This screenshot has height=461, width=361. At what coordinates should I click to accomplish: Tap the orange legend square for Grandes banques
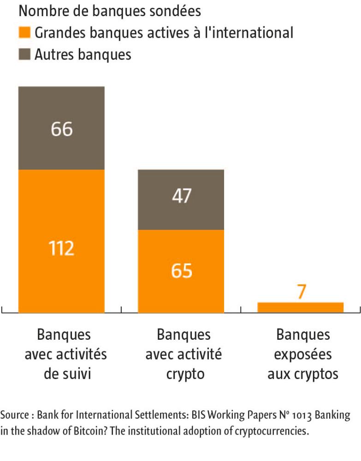coord(25,33)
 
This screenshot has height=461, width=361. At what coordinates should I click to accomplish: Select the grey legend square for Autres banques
coord(25,54)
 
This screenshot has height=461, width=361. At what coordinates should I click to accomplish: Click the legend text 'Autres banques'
coord(83,54)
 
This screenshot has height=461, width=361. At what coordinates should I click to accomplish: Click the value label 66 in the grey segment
coord(61,129)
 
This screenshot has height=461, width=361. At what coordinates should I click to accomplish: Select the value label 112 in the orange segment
coord(61,248)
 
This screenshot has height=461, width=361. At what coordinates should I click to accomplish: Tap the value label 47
coord(181,196)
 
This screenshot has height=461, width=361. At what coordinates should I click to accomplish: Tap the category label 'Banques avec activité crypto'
coord(183,354)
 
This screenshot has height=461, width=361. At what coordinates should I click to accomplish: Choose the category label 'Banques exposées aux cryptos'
coord(303,354)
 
